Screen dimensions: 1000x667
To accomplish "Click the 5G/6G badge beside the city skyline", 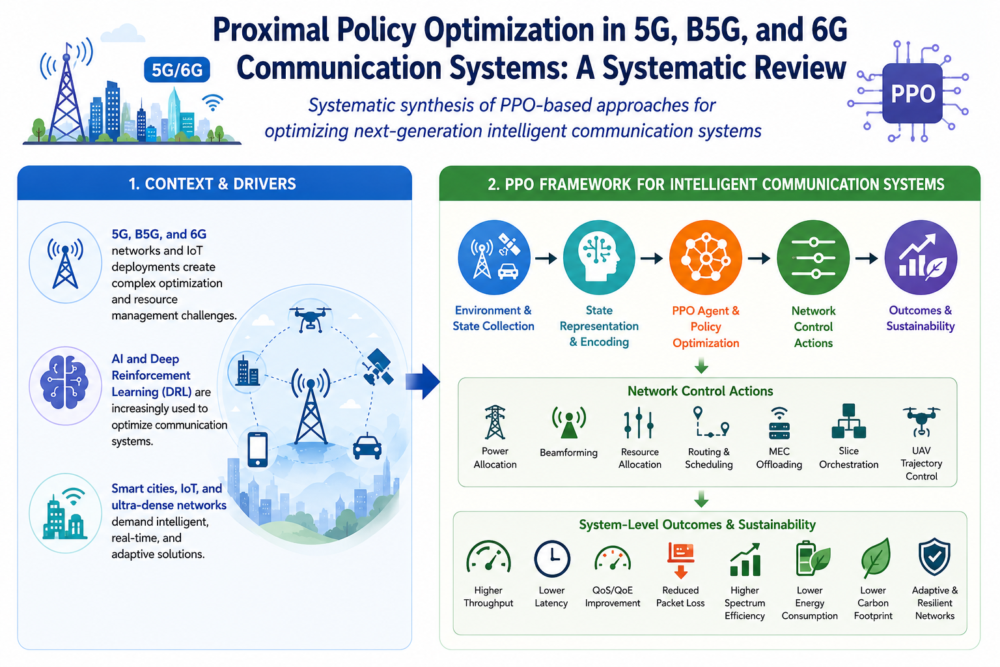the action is (x=177, y=70).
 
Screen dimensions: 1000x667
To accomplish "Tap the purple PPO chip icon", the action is (x=913, y=92).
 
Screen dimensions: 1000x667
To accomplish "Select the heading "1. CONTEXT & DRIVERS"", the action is (x=212, y=184).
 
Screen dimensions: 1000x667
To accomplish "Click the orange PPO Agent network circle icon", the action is (x=706, y=258).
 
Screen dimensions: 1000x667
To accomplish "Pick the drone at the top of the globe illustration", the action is (x=311, y=318).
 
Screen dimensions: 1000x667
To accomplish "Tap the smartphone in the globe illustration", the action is (x=258, y=449).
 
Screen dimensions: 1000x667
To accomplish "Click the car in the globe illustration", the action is (x=367, y=447).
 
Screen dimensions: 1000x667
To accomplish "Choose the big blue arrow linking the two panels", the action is (x=423, y=382).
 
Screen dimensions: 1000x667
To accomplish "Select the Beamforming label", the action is (x=568, y=453).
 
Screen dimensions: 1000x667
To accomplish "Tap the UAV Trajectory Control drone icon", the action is (x=921, y=421).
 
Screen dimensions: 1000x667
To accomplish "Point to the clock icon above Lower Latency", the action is (x=552, y=558).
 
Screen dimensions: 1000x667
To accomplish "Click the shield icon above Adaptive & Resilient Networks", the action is (x=934, y=557).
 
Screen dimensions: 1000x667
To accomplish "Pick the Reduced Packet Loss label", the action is (x=680, y=597).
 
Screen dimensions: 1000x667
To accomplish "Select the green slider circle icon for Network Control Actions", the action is (x=813, y=258).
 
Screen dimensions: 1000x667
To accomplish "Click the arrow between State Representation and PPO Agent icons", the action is (x=651, y=258).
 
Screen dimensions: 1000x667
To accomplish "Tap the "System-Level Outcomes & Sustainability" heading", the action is (x=697, y=524).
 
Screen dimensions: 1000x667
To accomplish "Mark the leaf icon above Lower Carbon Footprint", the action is (x=875, y=558).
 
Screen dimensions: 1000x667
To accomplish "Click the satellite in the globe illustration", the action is (x=378, y=367).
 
